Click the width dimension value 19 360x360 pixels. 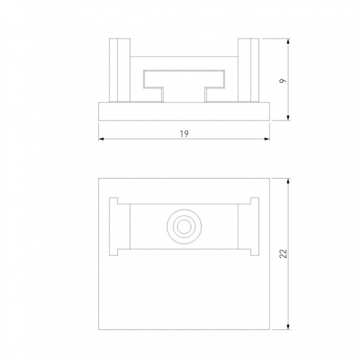tap(183, 133)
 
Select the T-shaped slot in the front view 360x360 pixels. tap(183, 80)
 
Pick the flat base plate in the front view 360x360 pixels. tap(183, 112)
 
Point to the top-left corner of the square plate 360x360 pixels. tap(99, 178)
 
